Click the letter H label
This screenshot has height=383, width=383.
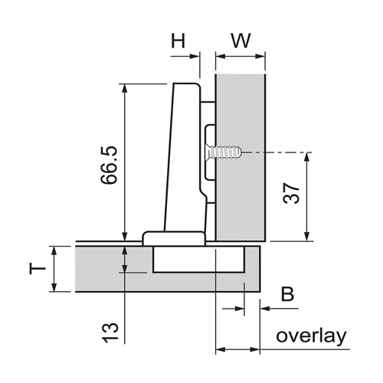click(x=178, y=41)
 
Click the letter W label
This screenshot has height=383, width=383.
click(x=241, y=41)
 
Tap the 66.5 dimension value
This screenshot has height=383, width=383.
click(x=109, y=165)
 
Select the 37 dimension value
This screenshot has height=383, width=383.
click(x=291, y=193)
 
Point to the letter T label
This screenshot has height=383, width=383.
click(x=38, y=269)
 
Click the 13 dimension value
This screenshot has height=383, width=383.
click(x=110, y=332)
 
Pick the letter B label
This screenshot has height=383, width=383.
click(x=287, y=294)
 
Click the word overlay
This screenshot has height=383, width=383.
click(x=311, y=336)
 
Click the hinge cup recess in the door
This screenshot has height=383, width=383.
click(x=199, y=260)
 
